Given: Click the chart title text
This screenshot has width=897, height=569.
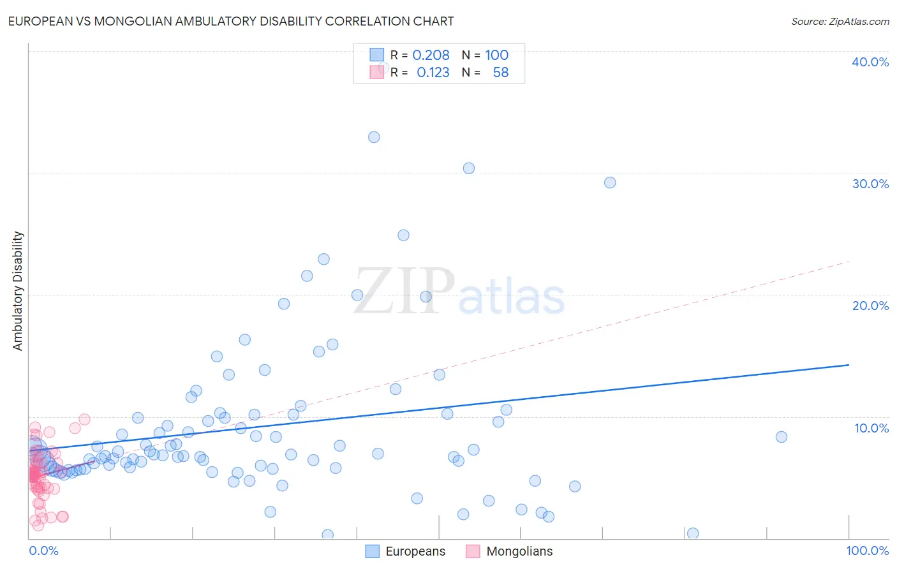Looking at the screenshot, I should (x=231, y=21).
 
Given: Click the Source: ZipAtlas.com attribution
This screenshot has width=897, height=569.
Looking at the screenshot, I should (x=840, y=21).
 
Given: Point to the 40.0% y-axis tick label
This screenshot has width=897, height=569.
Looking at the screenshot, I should (x=870, y=62).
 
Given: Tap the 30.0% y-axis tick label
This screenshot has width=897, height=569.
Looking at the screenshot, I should (x=870, y=184).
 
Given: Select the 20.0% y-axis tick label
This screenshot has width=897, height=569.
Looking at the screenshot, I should (x=870, y=306).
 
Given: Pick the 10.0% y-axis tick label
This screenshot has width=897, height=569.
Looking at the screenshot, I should (x=871, y=428).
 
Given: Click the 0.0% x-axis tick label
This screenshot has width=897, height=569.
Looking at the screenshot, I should (x=43, y=551).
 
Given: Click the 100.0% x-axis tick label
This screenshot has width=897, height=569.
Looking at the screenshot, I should (x=867, y=551).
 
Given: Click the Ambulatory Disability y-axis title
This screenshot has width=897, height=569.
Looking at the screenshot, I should (x=18, y=291).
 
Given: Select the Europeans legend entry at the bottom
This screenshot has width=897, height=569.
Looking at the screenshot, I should (x=406, y=551).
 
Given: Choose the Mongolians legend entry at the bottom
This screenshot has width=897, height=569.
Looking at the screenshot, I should (x=510, y=551).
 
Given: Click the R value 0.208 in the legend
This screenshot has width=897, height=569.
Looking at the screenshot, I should (x=431, y=55).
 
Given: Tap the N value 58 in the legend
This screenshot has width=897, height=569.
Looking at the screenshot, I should (x=501, y=73).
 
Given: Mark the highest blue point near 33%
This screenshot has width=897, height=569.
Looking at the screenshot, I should (x=374, y=137).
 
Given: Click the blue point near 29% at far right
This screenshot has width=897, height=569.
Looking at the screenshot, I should (x=610, y=182).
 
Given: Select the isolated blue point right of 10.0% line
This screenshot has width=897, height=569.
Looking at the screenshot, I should (x=782, y=437).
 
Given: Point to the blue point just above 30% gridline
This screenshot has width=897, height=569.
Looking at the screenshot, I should (x=469, y=168).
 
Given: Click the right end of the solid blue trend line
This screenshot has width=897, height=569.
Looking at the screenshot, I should (x=849, y=365).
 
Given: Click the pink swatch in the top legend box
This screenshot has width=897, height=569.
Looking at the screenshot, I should (x=377, y=73).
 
